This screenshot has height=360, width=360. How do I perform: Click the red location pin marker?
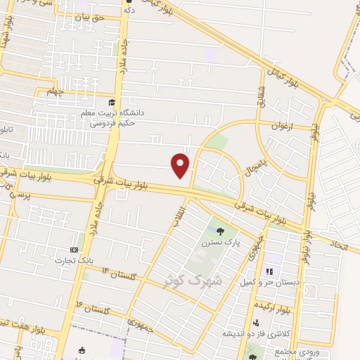(x=181, y=164)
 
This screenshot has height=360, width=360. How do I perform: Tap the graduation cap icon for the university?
(x=113, y=103)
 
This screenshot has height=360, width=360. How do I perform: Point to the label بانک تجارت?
(x=75, y=261)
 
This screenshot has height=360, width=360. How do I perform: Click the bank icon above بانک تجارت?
(x=75, y=250)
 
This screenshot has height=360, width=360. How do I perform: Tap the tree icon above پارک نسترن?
(x=221, y=231)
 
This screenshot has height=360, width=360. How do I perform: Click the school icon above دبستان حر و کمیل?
(x=269, y=271)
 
